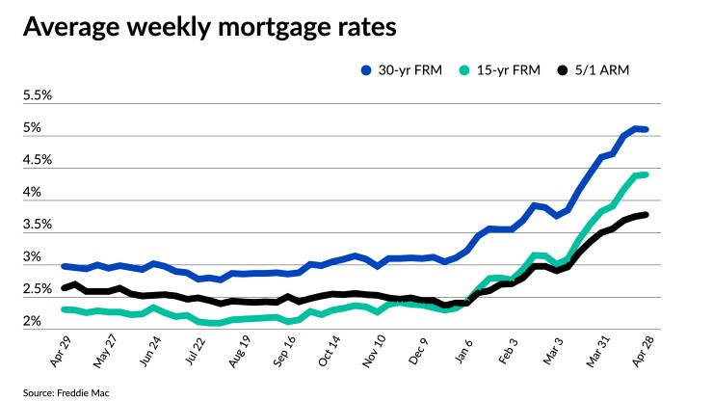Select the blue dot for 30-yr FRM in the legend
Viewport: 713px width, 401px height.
coord(366,70)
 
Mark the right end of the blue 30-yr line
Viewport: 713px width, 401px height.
coord(646,129)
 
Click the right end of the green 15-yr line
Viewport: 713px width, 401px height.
coord(646,174)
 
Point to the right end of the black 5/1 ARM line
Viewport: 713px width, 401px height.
coord(646,215)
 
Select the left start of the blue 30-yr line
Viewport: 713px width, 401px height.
coord(64,266)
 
